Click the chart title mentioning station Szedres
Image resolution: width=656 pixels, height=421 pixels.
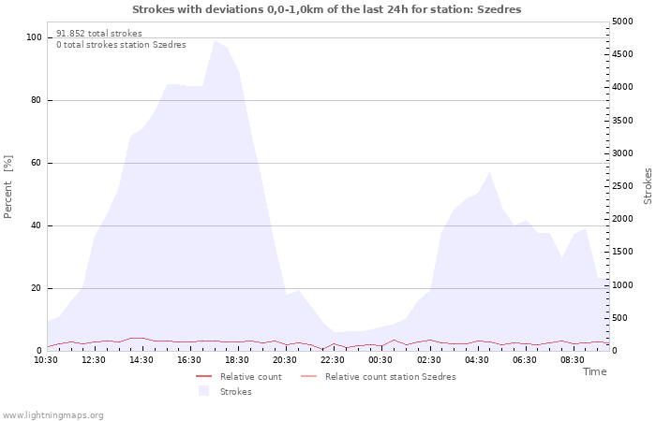tap(327, 9)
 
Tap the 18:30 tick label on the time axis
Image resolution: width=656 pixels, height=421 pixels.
tap(237, 360)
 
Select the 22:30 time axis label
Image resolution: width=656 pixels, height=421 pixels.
tap(333, 360)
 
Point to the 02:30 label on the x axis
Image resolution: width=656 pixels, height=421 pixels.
tap(429, 360)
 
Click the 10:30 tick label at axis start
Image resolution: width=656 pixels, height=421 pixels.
tap(46, 360)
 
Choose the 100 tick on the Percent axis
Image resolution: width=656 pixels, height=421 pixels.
tap(34, 37)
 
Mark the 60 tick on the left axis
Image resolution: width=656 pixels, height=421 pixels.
tap(37, 163)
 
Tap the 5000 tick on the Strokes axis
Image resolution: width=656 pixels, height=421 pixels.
tap(622, 22)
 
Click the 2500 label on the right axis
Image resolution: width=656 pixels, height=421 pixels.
tap(622, 186)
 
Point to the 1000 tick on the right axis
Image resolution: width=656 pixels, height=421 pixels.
tap(622, 284)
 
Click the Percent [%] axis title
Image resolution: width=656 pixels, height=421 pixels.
tap(7, 187)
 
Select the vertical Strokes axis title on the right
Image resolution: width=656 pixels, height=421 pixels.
tap(648, 186)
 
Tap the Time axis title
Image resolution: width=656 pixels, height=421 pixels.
tap(594, 371)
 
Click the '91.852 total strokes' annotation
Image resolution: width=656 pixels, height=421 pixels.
tap(99, 34)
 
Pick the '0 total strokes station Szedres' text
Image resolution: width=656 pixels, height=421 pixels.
tap(121, 45)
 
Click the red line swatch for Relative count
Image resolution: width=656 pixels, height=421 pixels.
tap(203, 377)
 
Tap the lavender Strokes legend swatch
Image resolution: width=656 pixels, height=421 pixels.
tap(203, 391)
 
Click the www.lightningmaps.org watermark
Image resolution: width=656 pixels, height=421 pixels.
tap(52, 415)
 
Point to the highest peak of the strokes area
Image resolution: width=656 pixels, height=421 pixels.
tap(215, 40)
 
